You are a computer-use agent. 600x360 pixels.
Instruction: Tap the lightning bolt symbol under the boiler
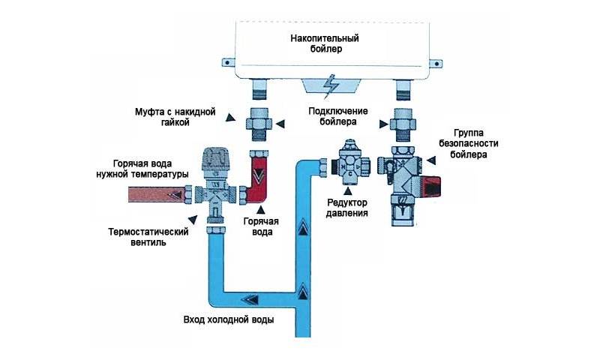coord(328,87)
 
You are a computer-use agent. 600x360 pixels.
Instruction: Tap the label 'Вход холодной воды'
coord(229,319)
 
